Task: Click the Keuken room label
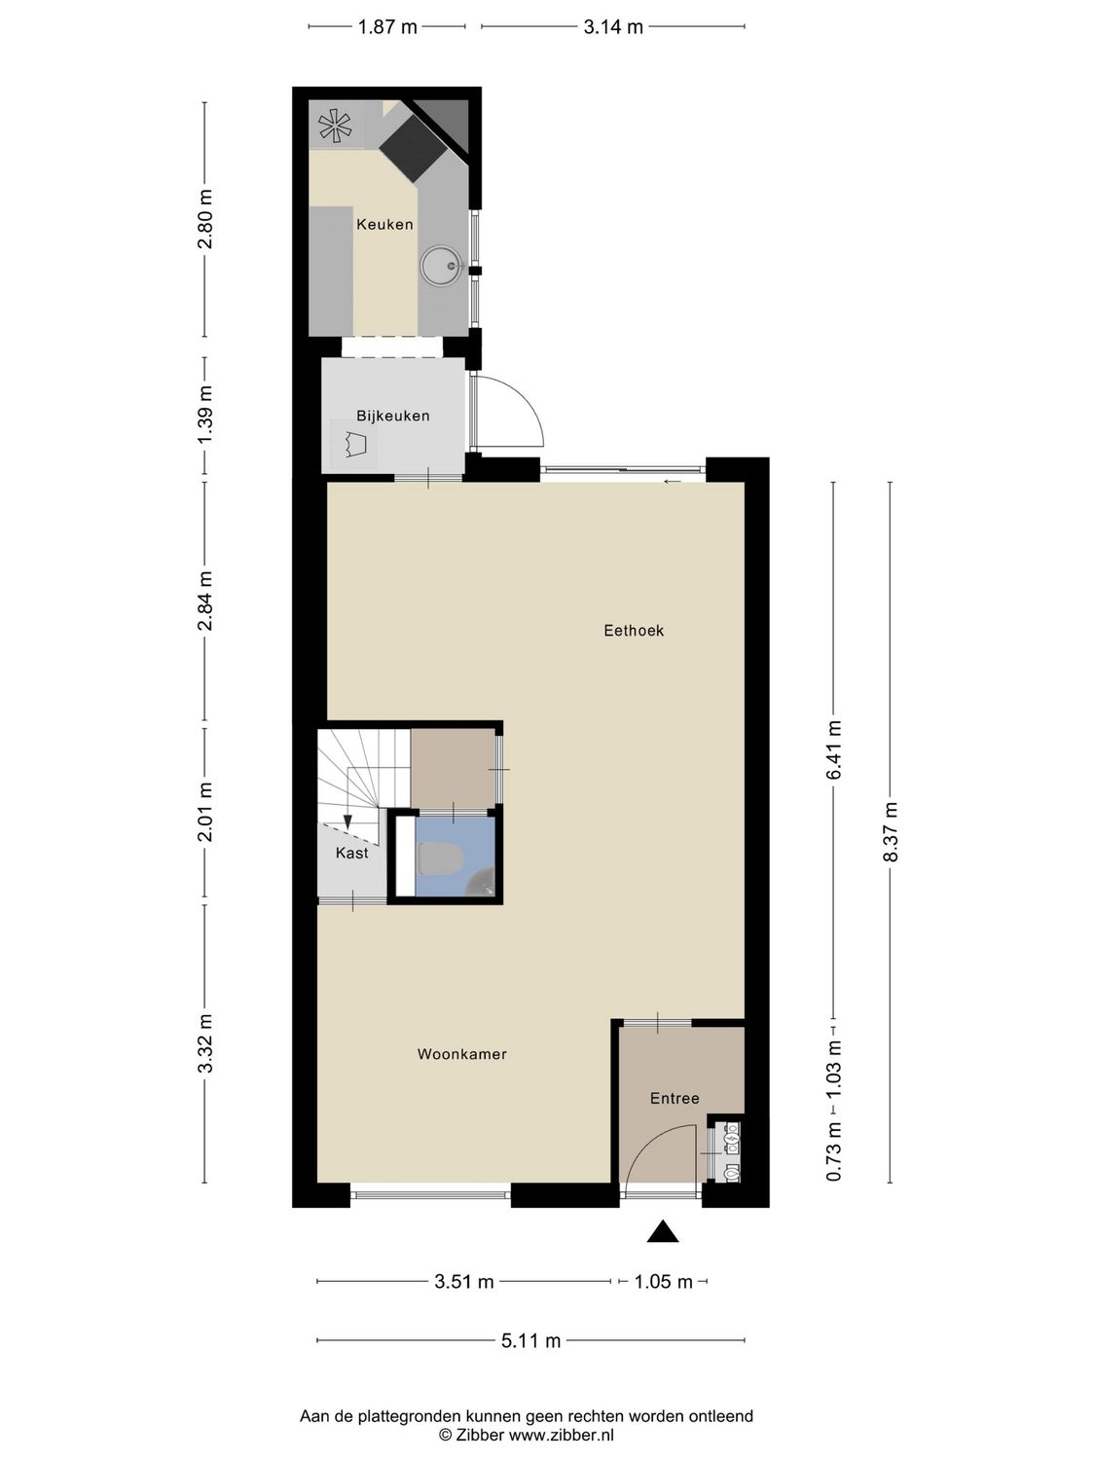tap(384, 225)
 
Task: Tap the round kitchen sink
tap(441, 265)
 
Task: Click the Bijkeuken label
tap(392, 416)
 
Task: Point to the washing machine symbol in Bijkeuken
tap(355, 445)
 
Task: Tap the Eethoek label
tap(634, 631)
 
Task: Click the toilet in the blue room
tap(439, 859)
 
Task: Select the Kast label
tap(351, 854)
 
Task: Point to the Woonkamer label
tap(461, 1054)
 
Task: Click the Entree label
tap(675, 1099)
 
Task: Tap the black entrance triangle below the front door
tap(663, 1232)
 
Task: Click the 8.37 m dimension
tap(890, 831)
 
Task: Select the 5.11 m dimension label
tap(530, 1341)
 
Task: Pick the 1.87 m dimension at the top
tap(387, 27)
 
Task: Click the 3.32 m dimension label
tap(204, 1042)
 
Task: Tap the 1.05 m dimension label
tap(663, 1282)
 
